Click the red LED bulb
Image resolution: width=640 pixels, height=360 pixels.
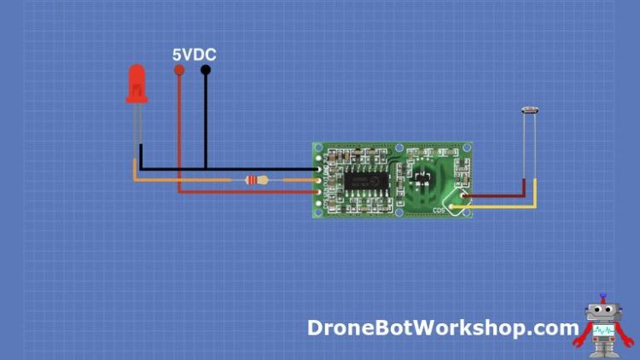(x=136, y=84)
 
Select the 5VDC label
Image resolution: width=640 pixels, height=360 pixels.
(x=194, y=55)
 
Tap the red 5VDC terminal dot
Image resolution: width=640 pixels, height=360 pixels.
(x=178, y=72)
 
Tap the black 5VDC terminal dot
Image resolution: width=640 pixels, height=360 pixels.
(x=206, y=72)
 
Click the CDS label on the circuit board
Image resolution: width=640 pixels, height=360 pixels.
(x=439, y=208)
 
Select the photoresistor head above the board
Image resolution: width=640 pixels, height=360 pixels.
(x=529, y=111)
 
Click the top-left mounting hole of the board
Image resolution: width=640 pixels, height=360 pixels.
(x=318, y=148)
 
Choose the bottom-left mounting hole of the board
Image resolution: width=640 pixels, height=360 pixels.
(x=318, y=210)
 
